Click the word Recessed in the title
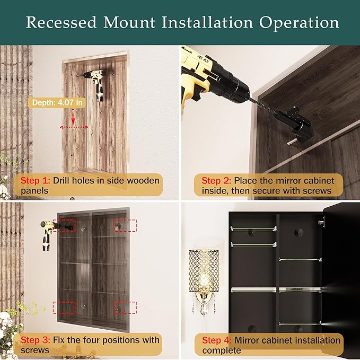[62, 22]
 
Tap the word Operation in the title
[299, 23]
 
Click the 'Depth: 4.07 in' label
[57, 103]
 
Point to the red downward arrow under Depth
[73, 117]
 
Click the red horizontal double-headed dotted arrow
[74, 127]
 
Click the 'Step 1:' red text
[35, 180]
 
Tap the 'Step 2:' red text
[216, 180]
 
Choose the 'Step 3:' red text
[35, 340]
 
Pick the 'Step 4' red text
[216, 340]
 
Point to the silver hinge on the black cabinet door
[321, 222]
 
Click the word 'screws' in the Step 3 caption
[35, 350]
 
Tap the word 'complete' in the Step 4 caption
[222, 351]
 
